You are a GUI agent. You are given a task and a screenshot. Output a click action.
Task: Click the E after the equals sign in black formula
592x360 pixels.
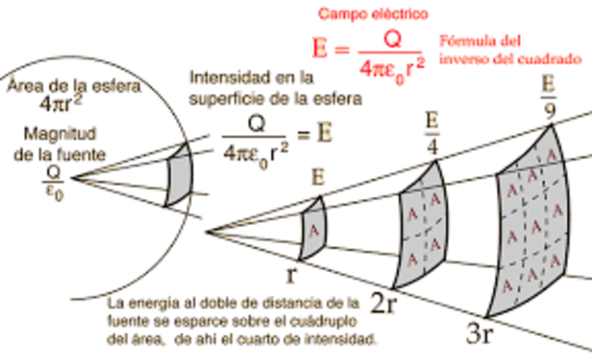click(x=325, y=133)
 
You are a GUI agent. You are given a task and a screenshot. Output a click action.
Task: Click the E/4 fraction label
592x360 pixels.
click(x=430, y=134)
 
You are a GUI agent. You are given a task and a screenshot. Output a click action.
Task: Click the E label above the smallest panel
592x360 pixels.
click(x=317, y=176)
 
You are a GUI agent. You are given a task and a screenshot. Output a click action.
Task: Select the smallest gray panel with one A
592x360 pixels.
click(x=312, y=227)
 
